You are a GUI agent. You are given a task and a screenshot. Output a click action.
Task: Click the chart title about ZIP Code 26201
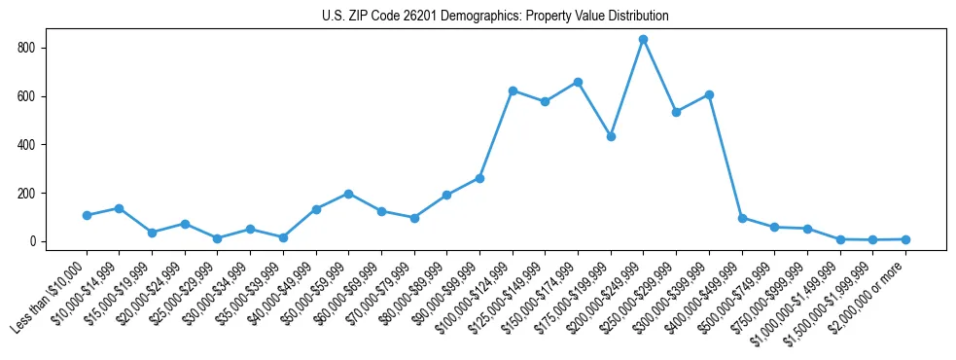click(495, 17)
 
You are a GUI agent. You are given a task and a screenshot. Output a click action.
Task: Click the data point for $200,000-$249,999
click(643, 40)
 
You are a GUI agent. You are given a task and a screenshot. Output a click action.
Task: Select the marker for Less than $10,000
click(87, 215)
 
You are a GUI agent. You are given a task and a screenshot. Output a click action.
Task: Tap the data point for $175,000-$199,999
click(611, 136)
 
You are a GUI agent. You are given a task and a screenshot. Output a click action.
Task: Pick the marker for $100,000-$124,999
click(513, 90)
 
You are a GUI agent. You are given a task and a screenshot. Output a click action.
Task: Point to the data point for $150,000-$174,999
click(578, 82)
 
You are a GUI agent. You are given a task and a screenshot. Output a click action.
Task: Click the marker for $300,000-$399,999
click(709, 94)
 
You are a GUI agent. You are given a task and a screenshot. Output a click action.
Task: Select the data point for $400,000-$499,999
click(742, 218)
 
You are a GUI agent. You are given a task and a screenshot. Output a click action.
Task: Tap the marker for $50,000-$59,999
click(348, 194)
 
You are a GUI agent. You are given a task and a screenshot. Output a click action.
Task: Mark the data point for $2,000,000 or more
click(905, 239)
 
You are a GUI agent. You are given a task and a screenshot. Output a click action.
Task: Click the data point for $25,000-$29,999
click(217, 238)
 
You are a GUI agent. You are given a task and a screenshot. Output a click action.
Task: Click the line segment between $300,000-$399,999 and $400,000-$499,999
click(726, 157)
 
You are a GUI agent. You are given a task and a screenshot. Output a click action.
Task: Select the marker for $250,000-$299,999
click(676, 112)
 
